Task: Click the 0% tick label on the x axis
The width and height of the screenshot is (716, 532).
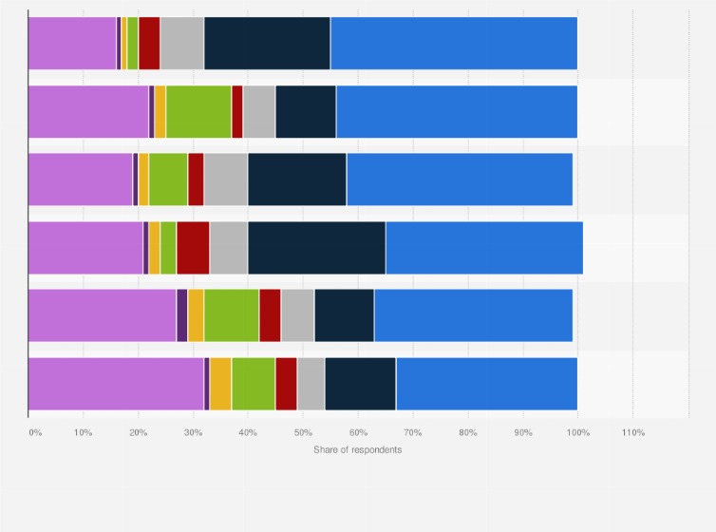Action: coord(35,432)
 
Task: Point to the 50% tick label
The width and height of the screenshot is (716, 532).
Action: coord(303,432)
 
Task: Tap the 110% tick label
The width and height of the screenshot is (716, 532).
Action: coord(632,432)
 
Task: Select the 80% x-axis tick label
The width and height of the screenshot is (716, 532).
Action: coord(468,432)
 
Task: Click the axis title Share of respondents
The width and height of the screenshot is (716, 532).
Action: coord(357,449)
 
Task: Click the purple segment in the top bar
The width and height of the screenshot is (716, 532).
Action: coord(72,44)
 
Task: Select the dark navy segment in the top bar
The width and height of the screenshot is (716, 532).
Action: coord(267,44)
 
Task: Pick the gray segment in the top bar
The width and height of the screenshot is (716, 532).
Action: coord(182,44)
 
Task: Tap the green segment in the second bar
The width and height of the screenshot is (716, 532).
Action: coord(198,112)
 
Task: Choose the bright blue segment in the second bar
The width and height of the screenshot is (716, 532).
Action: coord(457,112)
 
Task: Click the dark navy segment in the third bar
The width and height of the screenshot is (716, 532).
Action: coord(297,180)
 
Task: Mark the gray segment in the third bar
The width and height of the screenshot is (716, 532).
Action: coord(226,180)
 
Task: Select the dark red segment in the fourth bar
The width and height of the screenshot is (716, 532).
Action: coord(193,248)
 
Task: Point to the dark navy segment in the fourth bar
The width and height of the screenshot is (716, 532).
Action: coord(316,248)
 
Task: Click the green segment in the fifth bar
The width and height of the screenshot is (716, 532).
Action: coord(232,315)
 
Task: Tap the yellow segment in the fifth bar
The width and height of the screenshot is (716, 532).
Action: coord(196,315)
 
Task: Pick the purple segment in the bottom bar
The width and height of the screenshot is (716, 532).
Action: coord(116,384)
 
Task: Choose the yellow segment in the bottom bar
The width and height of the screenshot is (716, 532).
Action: coord(220,384)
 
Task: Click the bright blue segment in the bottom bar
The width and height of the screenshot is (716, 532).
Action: coord(486,384)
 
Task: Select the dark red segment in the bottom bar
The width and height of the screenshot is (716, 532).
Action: coord(286,384)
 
